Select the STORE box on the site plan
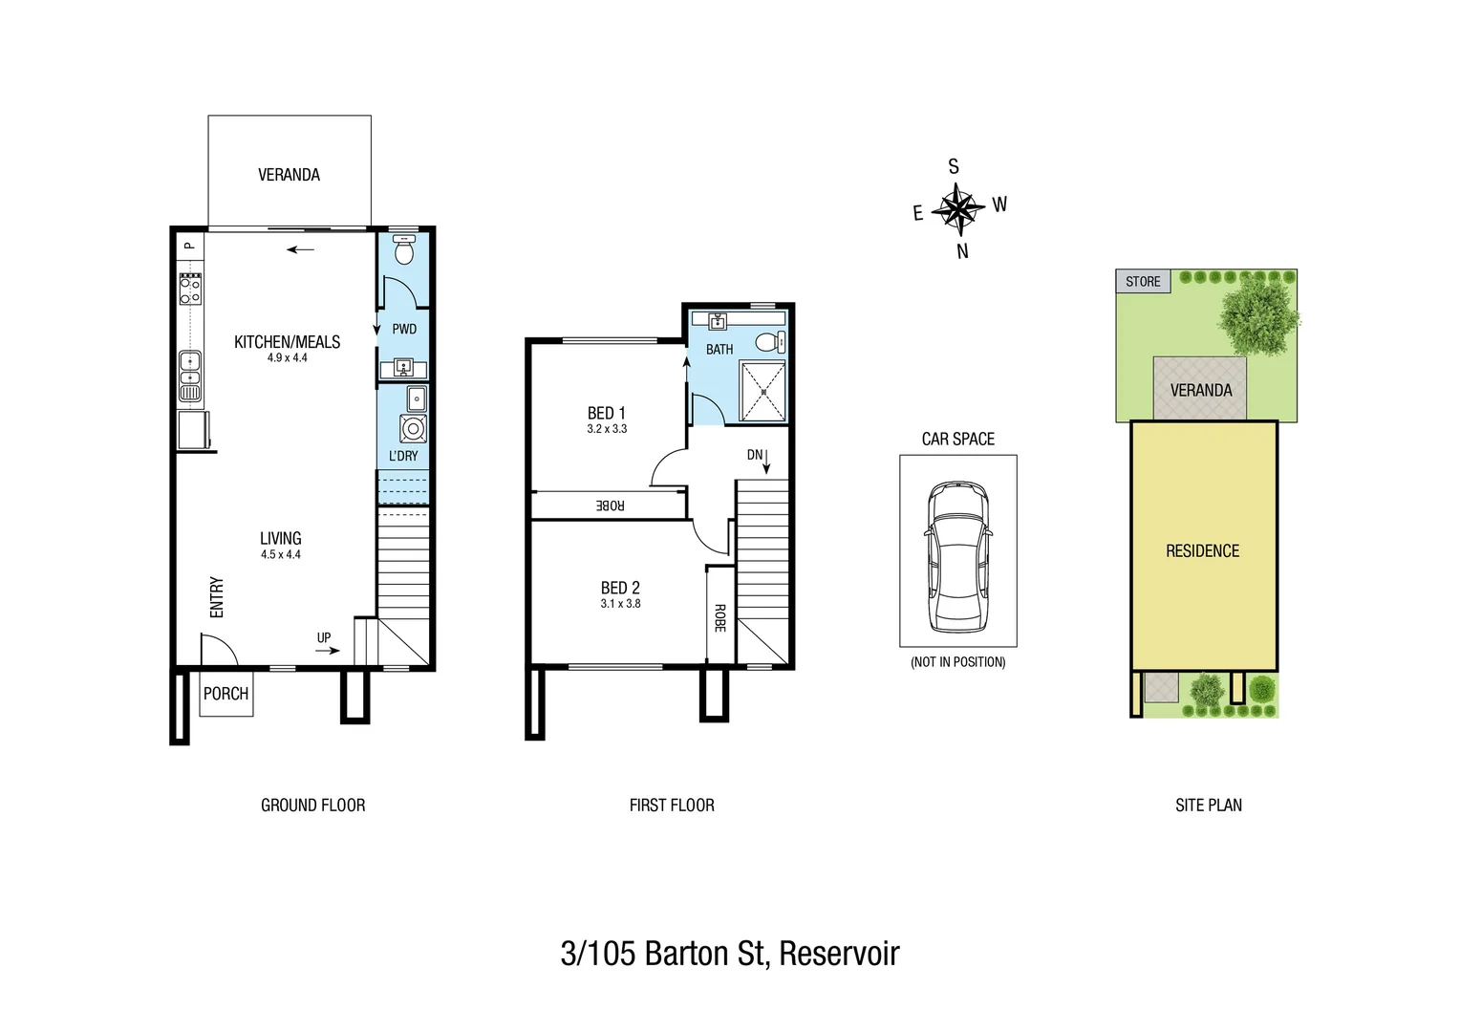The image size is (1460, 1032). click(x=1143, y=282)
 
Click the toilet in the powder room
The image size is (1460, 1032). click(x=404, y=251)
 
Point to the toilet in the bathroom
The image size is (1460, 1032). click(x=768, y=342)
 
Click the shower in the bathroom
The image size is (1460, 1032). click(x=762, y=391)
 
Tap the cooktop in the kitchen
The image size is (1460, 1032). click(x=190, y=289)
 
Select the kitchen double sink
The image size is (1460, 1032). click(x=190, y=376)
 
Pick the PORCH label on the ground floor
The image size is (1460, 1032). click(x=226, y=694)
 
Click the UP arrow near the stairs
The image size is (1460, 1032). click(x=327, y=650)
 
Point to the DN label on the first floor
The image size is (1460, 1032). click(x=755, y=455)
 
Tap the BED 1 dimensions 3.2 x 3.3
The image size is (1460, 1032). click(x=607, y=429)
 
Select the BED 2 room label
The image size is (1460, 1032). click(x=620, y=588)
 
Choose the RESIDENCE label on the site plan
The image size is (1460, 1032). click(x=1202, y=551)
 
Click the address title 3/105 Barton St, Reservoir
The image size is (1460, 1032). click(x=730, y=954)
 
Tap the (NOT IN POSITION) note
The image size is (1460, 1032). click(x=957, y=662)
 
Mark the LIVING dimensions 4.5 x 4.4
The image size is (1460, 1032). click(x=280, y=554)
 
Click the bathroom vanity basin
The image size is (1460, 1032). click(x=718, y=321)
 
